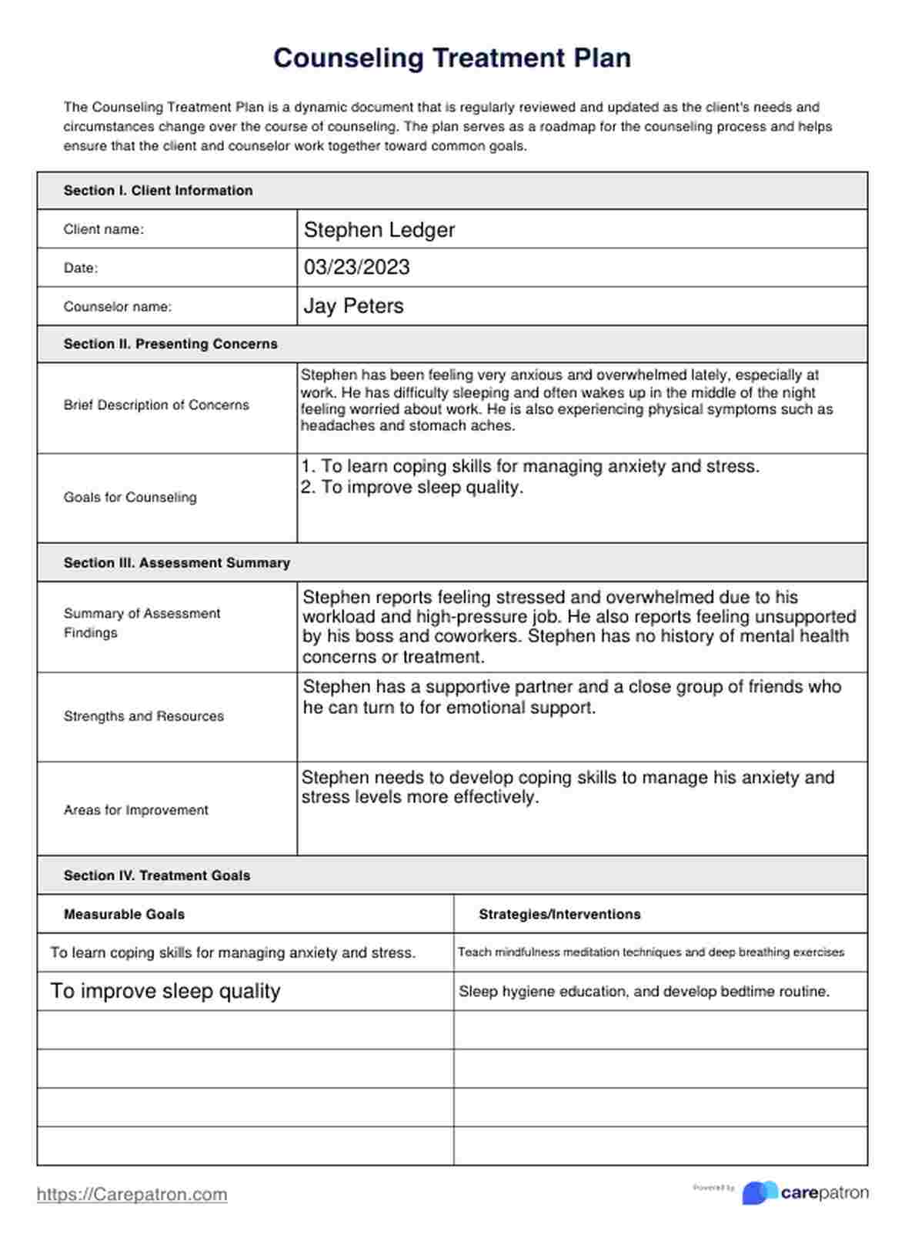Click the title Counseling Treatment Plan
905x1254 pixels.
[x=452, y=58]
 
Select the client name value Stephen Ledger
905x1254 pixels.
[x=379, y=230]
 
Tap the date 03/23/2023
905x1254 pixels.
[x=356, y=268]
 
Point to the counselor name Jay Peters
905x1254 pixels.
[x=353, y=306]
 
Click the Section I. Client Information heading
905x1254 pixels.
[x=158, y=191]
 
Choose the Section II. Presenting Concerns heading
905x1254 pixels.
[x=170, y=344]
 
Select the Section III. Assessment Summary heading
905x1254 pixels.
[x=176, y=563]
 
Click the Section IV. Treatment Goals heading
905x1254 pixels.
[x=156, y=875]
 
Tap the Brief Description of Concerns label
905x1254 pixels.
[x=156, y=405]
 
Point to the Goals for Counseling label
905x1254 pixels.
[x=130, y=498]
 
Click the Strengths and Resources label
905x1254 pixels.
[x=143, y=716]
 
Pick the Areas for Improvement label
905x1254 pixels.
[x=135, y=810]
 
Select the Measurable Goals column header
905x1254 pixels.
[x=124, y=915]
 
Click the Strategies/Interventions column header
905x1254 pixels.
[x=559, y=915]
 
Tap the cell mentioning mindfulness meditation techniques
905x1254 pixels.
[x=650, y=952]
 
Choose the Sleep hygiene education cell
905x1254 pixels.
[x=644, y=992]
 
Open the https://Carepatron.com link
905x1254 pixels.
[x=132, y=1195]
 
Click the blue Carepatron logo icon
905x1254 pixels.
[x=760, y=1192]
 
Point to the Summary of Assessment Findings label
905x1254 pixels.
[x=142, y=623]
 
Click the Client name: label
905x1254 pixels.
[x=103, y=229]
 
